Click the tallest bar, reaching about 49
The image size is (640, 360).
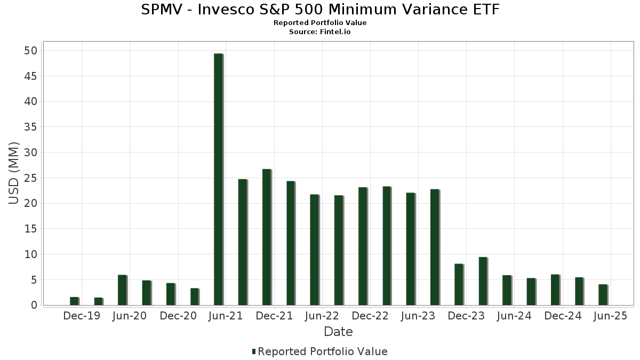click(218, 179)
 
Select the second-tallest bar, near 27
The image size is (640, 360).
click(266, 237)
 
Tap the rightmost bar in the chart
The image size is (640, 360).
click(603, 295)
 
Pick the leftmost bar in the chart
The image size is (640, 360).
click(74, 301)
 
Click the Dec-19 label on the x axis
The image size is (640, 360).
click(82, 316)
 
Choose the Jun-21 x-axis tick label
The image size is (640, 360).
click(226, 316)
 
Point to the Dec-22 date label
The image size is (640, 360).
click(370, 316)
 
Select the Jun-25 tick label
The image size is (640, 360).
click(610, 316)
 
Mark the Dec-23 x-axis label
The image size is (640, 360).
click(466, 316)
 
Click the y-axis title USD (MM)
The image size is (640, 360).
click(14, 173)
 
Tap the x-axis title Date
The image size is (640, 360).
click(338, 332)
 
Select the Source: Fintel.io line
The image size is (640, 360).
click(320, 32)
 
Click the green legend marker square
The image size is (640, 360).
click(254, 351)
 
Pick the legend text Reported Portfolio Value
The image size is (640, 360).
click(323, 351)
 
